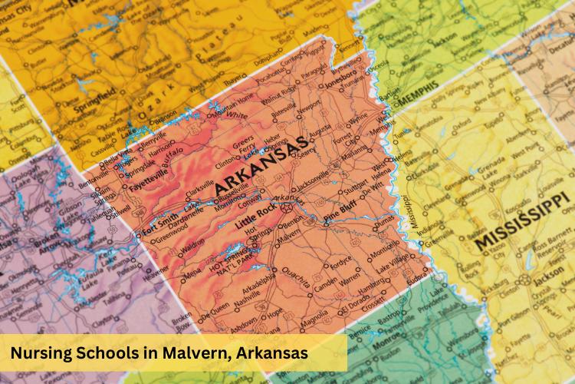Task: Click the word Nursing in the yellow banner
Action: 43,353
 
